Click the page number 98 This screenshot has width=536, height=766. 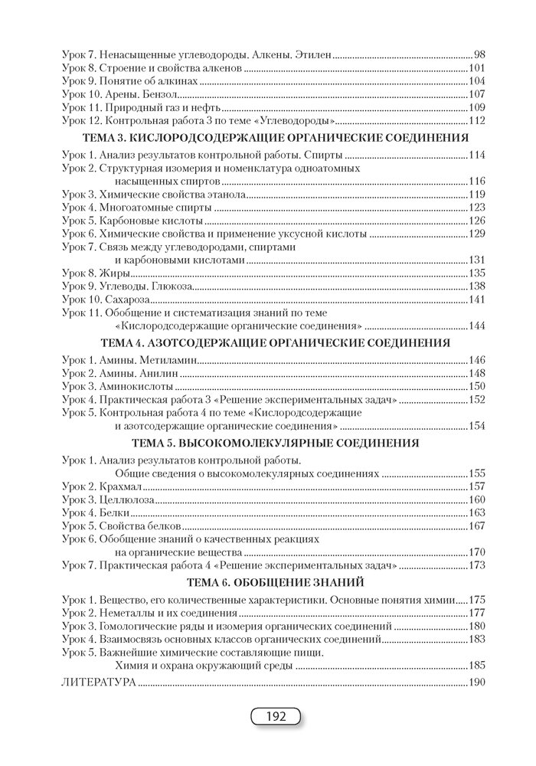pyautogui.click(x=481, y=56)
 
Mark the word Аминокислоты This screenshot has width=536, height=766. pyautogui.click(x=136, y=386)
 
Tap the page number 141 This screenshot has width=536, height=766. pyautogui.click(x=479, y=300)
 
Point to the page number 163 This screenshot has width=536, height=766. pyautogui.click(x=479, y=512)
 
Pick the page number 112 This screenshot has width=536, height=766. pyautogui.click(x=479, y=121)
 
